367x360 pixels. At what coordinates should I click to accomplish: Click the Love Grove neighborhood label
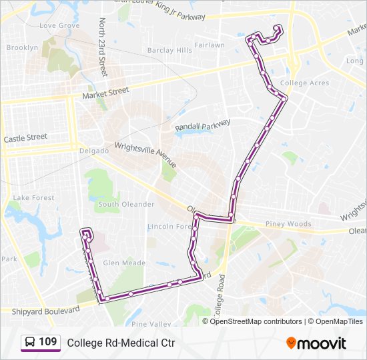click(59, 26)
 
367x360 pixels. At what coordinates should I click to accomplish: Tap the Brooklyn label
click(22, 48)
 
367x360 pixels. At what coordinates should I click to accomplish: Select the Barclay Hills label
click(169, 51)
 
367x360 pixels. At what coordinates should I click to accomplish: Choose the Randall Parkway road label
click(202, 125)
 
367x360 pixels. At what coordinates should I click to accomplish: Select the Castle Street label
click(26, 138)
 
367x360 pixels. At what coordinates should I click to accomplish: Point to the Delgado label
click(93, 151)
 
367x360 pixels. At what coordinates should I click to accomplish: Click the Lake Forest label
click(34, 198)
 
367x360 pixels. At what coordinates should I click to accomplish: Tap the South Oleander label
click(126, 204)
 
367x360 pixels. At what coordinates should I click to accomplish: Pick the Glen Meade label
click(124, 263)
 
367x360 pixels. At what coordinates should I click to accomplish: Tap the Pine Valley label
click(147, 324)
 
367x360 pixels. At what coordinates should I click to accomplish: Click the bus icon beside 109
click(30, 343)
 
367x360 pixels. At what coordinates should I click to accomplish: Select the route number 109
click(47, 342)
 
